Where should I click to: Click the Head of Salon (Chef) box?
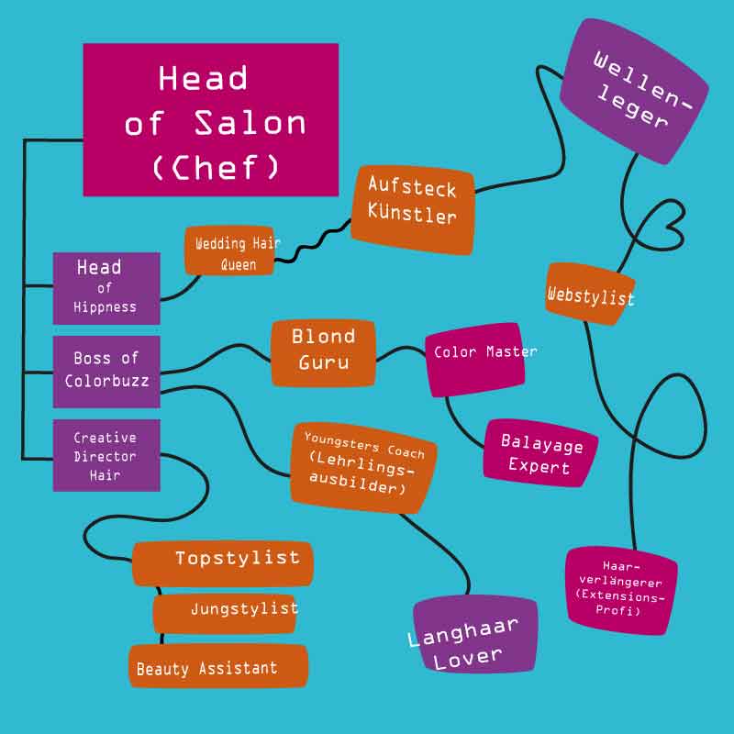click(211, 119)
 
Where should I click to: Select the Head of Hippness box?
click(106, 288)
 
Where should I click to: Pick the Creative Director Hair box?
click(106, 455)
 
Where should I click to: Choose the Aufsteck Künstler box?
click(413, 210)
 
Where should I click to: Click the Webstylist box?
click(590, 295)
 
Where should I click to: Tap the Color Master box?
click(475, 359)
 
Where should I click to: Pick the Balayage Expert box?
click(540, 454)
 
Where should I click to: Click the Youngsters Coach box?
click(364, 463)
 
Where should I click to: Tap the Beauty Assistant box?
click(217, 666)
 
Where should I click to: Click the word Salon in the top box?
click(250, 123)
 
